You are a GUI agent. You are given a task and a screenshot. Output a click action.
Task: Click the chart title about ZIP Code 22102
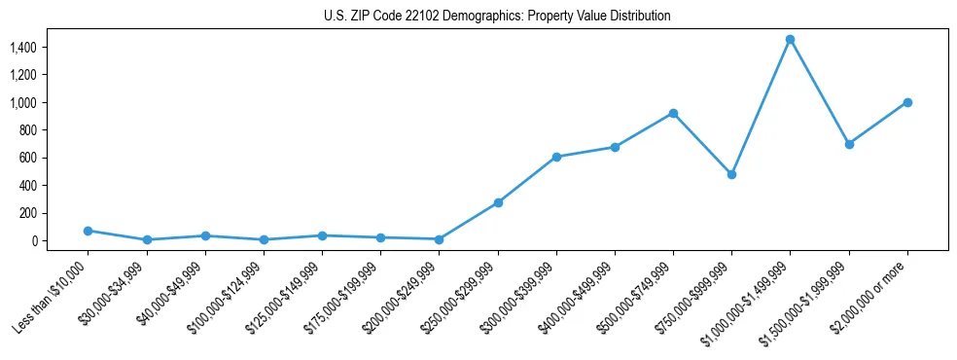point(497,17)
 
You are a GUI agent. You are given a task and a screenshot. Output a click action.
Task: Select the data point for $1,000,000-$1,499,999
point(790,40)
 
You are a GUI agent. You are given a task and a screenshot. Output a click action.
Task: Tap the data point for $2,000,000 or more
point(907,102)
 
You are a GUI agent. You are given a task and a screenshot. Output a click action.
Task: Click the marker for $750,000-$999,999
point(731,174)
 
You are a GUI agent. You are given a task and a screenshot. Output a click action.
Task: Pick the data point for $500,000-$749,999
point(673,113)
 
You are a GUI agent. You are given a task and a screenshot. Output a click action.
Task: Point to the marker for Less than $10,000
point(88,231)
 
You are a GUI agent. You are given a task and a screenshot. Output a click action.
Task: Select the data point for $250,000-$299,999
point(498,202)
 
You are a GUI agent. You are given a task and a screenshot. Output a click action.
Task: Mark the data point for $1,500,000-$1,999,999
point(849,144)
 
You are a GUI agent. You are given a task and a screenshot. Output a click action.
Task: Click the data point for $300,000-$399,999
point(556,157)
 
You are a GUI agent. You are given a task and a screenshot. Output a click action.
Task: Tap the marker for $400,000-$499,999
point(615,147)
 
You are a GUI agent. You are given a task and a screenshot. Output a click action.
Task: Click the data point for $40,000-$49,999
point(205,235)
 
